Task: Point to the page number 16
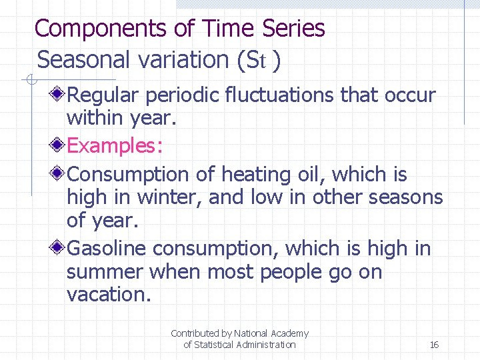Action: pos(434,345)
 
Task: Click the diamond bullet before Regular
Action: pos(59,95)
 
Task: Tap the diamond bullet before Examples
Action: pos(59,145)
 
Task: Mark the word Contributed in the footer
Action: pos(195,333)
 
